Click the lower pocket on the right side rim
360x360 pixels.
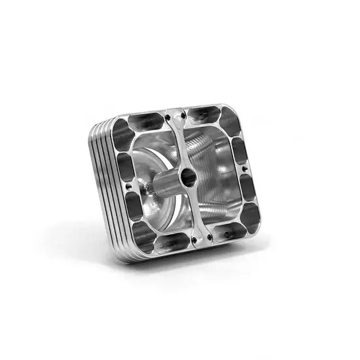[250, 190]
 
